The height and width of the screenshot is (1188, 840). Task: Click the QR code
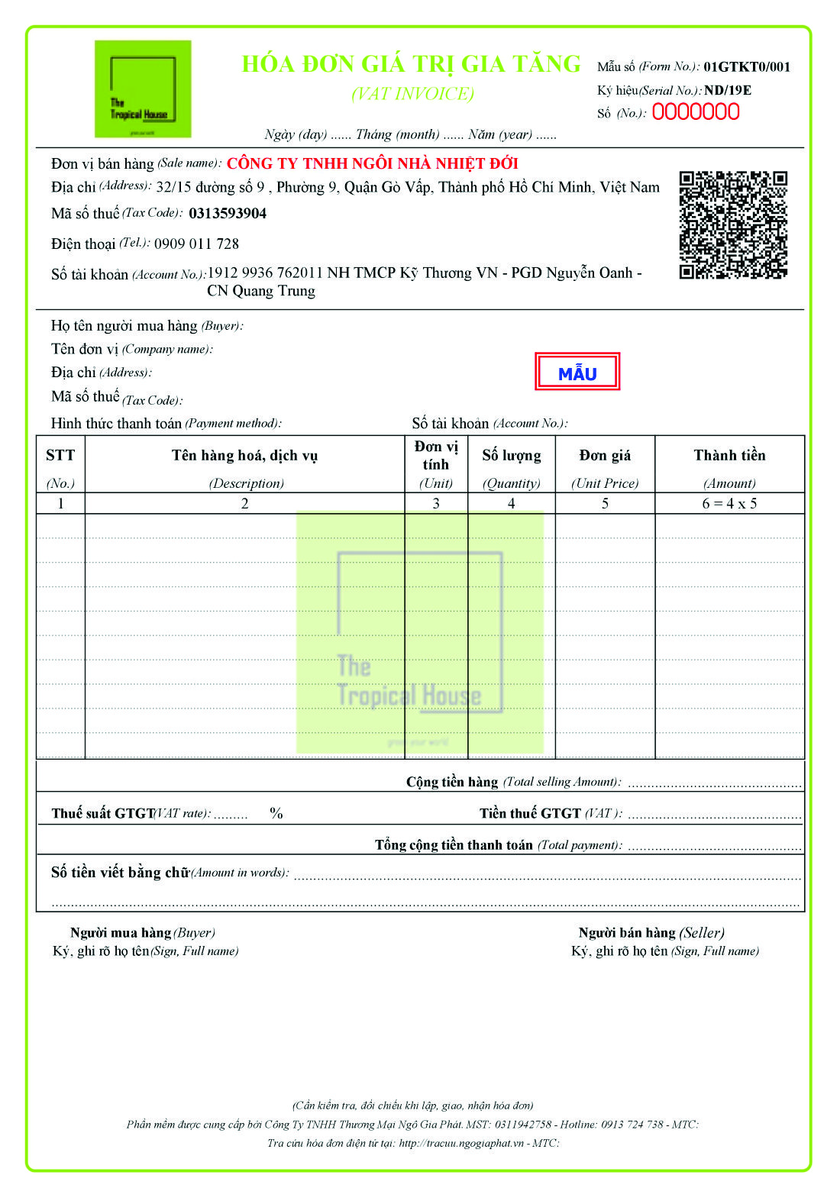click(x=733, y=224)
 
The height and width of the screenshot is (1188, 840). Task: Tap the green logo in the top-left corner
click(x=143, y=89)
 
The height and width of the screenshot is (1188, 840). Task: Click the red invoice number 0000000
click(x=695, y=112)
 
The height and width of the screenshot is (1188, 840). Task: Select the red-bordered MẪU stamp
click(x=577, y=373)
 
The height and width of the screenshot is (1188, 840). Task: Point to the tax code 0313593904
click(x=228, y=214)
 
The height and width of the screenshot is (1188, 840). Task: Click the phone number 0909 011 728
click(x=196, y=244)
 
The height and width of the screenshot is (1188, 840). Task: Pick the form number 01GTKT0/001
click(x=747, y=67)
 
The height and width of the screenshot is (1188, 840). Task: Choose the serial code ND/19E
click(x=727, y=90)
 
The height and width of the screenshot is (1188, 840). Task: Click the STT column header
click(x=60, y=456)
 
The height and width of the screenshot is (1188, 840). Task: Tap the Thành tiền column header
click(x=729, y=456)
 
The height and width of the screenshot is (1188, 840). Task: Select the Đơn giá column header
click(x=605, y=456)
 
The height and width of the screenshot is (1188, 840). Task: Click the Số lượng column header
click(x=511, y=456)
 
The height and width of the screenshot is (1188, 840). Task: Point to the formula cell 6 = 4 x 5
click(x=729, y=504)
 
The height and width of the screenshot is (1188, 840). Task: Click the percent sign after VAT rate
click(x=276, y=814)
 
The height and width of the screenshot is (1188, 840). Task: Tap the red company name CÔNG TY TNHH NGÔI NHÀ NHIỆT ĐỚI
click(x=373, y=163)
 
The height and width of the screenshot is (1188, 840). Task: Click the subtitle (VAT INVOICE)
click(x=412, y=94)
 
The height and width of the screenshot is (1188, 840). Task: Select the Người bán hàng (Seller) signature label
click(x=651, y=933)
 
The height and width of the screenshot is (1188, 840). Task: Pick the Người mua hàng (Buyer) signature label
click(x=143, y=933)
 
